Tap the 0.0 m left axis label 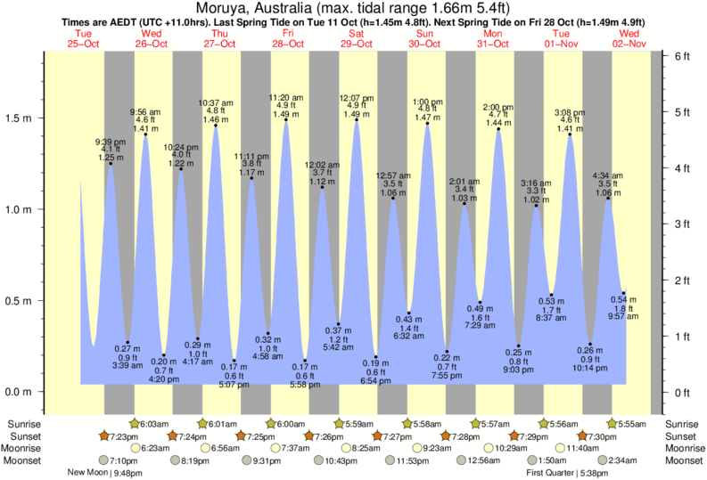point(21,392)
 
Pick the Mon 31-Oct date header point(493,37)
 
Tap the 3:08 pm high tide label point(568,113)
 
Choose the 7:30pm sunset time point(599,436)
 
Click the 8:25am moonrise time point(367,448)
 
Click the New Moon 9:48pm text point(104,473)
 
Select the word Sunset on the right point(683,436)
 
